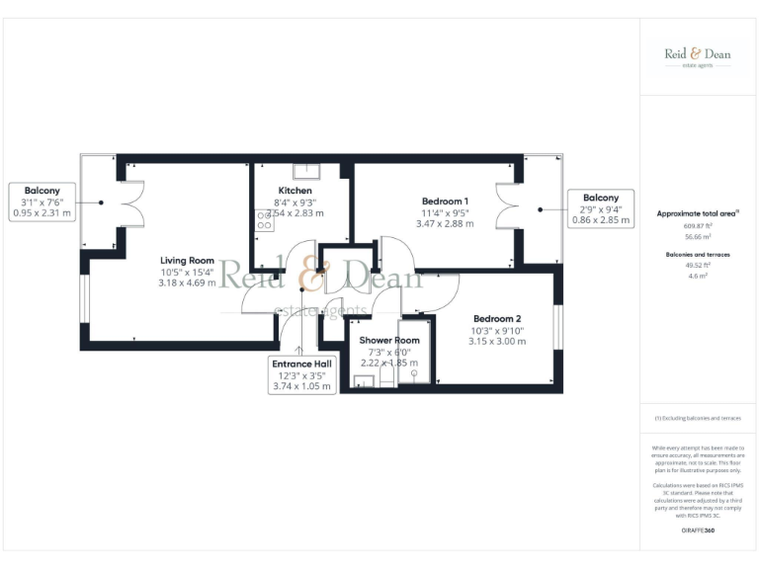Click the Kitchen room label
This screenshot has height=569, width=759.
(x=295, y=191)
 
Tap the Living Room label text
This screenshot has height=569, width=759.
(x=187, y=261)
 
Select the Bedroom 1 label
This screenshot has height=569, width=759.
(x=445, y=202)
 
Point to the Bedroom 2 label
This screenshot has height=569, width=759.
(x=496, y=318)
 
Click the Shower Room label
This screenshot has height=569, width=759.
(x=388, y=340)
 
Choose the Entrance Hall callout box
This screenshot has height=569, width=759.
(x=302, y=375)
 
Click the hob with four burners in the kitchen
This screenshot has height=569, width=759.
(x=264, y=225)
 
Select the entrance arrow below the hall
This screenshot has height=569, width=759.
(x=301, y=341)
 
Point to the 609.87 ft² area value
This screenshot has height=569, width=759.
(x=698, y=226)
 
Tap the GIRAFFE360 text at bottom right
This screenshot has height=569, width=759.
(x=698, y=532)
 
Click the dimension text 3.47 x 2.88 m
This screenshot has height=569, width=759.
(x=445, y=224)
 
